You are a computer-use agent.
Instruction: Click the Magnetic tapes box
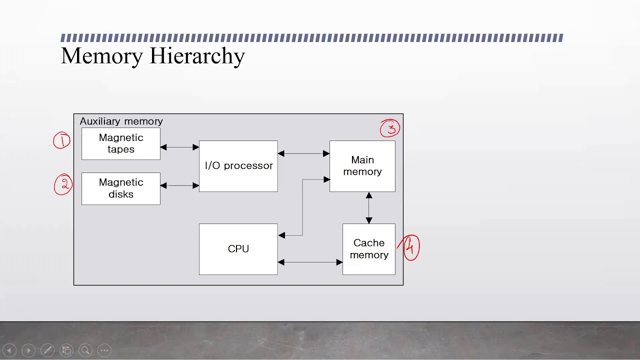[x=121, y=143]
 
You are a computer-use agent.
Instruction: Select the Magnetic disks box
[x=121, y=188]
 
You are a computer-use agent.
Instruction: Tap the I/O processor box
[x=238, y=166]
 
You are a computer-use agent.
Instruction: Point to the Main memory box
[x=362, y=166]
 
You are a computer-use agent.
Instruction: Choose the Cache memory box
[x=369, y=249]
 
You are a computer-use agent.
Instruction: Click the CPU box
[x=238, y=249]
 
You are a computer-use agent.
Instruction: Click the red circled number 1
[x=62, y=141]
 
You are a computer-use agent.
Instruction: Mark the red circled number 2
[x=63, y=184]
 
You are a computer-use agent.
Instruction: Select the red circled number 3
[x=390, y=128]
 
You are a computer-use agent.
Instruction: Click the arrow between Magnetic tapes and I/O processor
[x=179, y=147]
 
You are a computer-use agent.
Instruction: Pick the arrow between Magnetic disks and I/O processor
[x=179, y=185]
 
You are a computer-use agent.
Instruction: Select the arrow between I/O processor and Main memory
[x=303, y=153]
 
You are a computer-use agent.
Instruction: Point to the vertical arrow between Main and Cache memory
[x=369, y=207]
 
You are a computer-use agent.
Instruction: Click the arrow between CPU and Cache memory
[x=310, y=262]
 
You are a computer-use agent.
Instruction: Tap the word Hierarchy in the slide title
[x=198, y=56]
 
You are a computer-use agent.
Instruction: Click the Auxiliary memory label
[x=121, y=121]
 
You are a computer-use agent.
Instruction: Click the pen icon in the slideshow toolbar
[x=47, y=350]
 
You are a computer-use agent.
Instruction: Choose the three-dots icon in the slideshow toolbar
[x=104, y=350]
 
